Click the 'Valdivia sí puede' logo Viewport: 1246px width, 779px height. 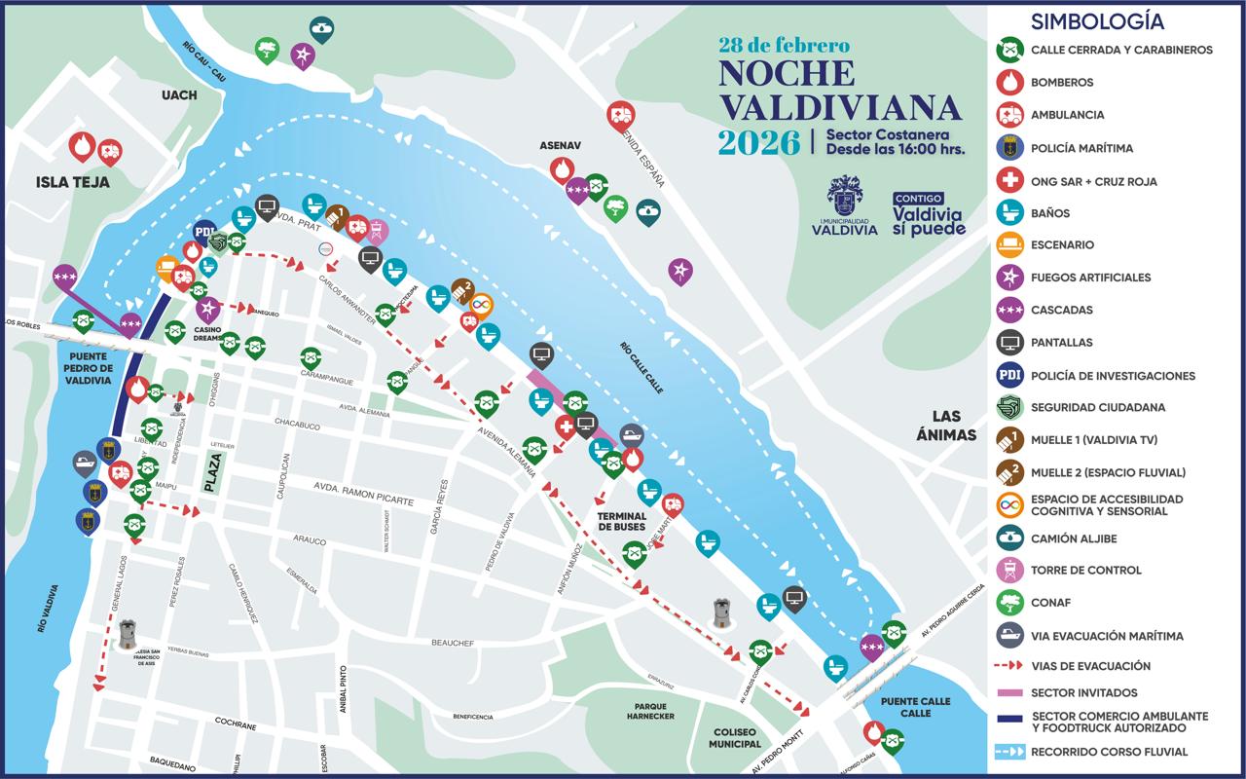(929, 214)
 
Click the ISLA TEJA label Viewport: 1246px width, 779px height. (72, 182)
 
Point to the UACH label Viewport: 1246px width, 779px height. (179, 94)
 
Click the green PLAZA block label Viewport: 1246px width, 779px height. (213, 473)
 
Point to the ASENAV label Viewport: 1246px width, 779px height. (560, 145)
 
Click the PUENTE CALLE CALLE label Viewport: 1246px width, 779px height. (905, 707)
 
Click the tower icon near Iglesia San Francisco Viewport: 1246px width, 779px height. (127, 633)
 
